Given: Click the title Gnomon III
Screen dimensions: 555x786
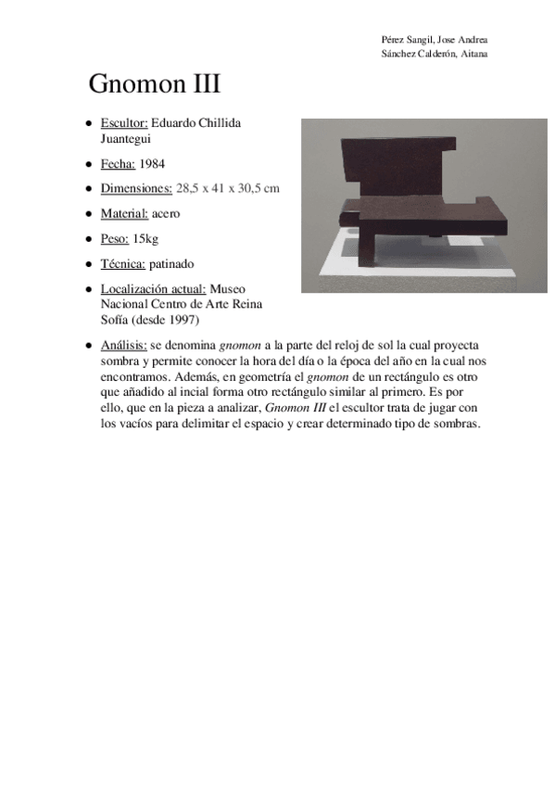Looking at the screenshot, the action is point(154,85).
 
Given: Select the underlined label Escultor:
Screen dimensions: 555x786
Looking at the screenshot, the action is point(124,123).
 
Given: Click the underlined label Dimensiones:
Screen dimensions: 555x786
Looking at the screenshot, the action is point(136,188).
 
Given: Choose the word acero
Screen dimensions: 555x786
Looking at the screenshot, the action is point(167,213).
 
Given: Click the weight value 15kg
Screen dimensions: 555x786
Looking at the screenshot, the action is point(145,239).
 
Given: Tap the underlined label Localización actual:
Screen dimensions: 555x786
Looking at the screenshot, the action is point(154,289).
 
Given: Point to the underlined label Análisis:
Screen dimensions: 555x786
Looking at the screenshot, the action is point(123,345).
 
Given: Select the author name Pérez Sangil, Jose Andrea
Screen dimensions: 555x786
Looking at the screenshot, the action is point(435,40).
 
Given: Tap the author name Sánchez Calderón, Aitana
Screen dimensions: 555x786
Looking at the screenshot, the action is point(435,54).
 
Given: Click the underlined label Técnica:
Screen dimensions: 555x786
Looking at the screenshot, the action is point(123,264).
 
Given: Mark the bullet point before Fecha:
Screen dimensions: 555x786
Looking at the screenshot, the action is point(88,164).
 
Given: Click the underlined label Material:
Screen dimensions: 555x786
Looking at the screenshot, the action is point(124,213).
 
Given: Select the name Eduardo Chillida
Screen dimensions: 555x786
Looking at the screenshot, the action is point(196,123).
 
